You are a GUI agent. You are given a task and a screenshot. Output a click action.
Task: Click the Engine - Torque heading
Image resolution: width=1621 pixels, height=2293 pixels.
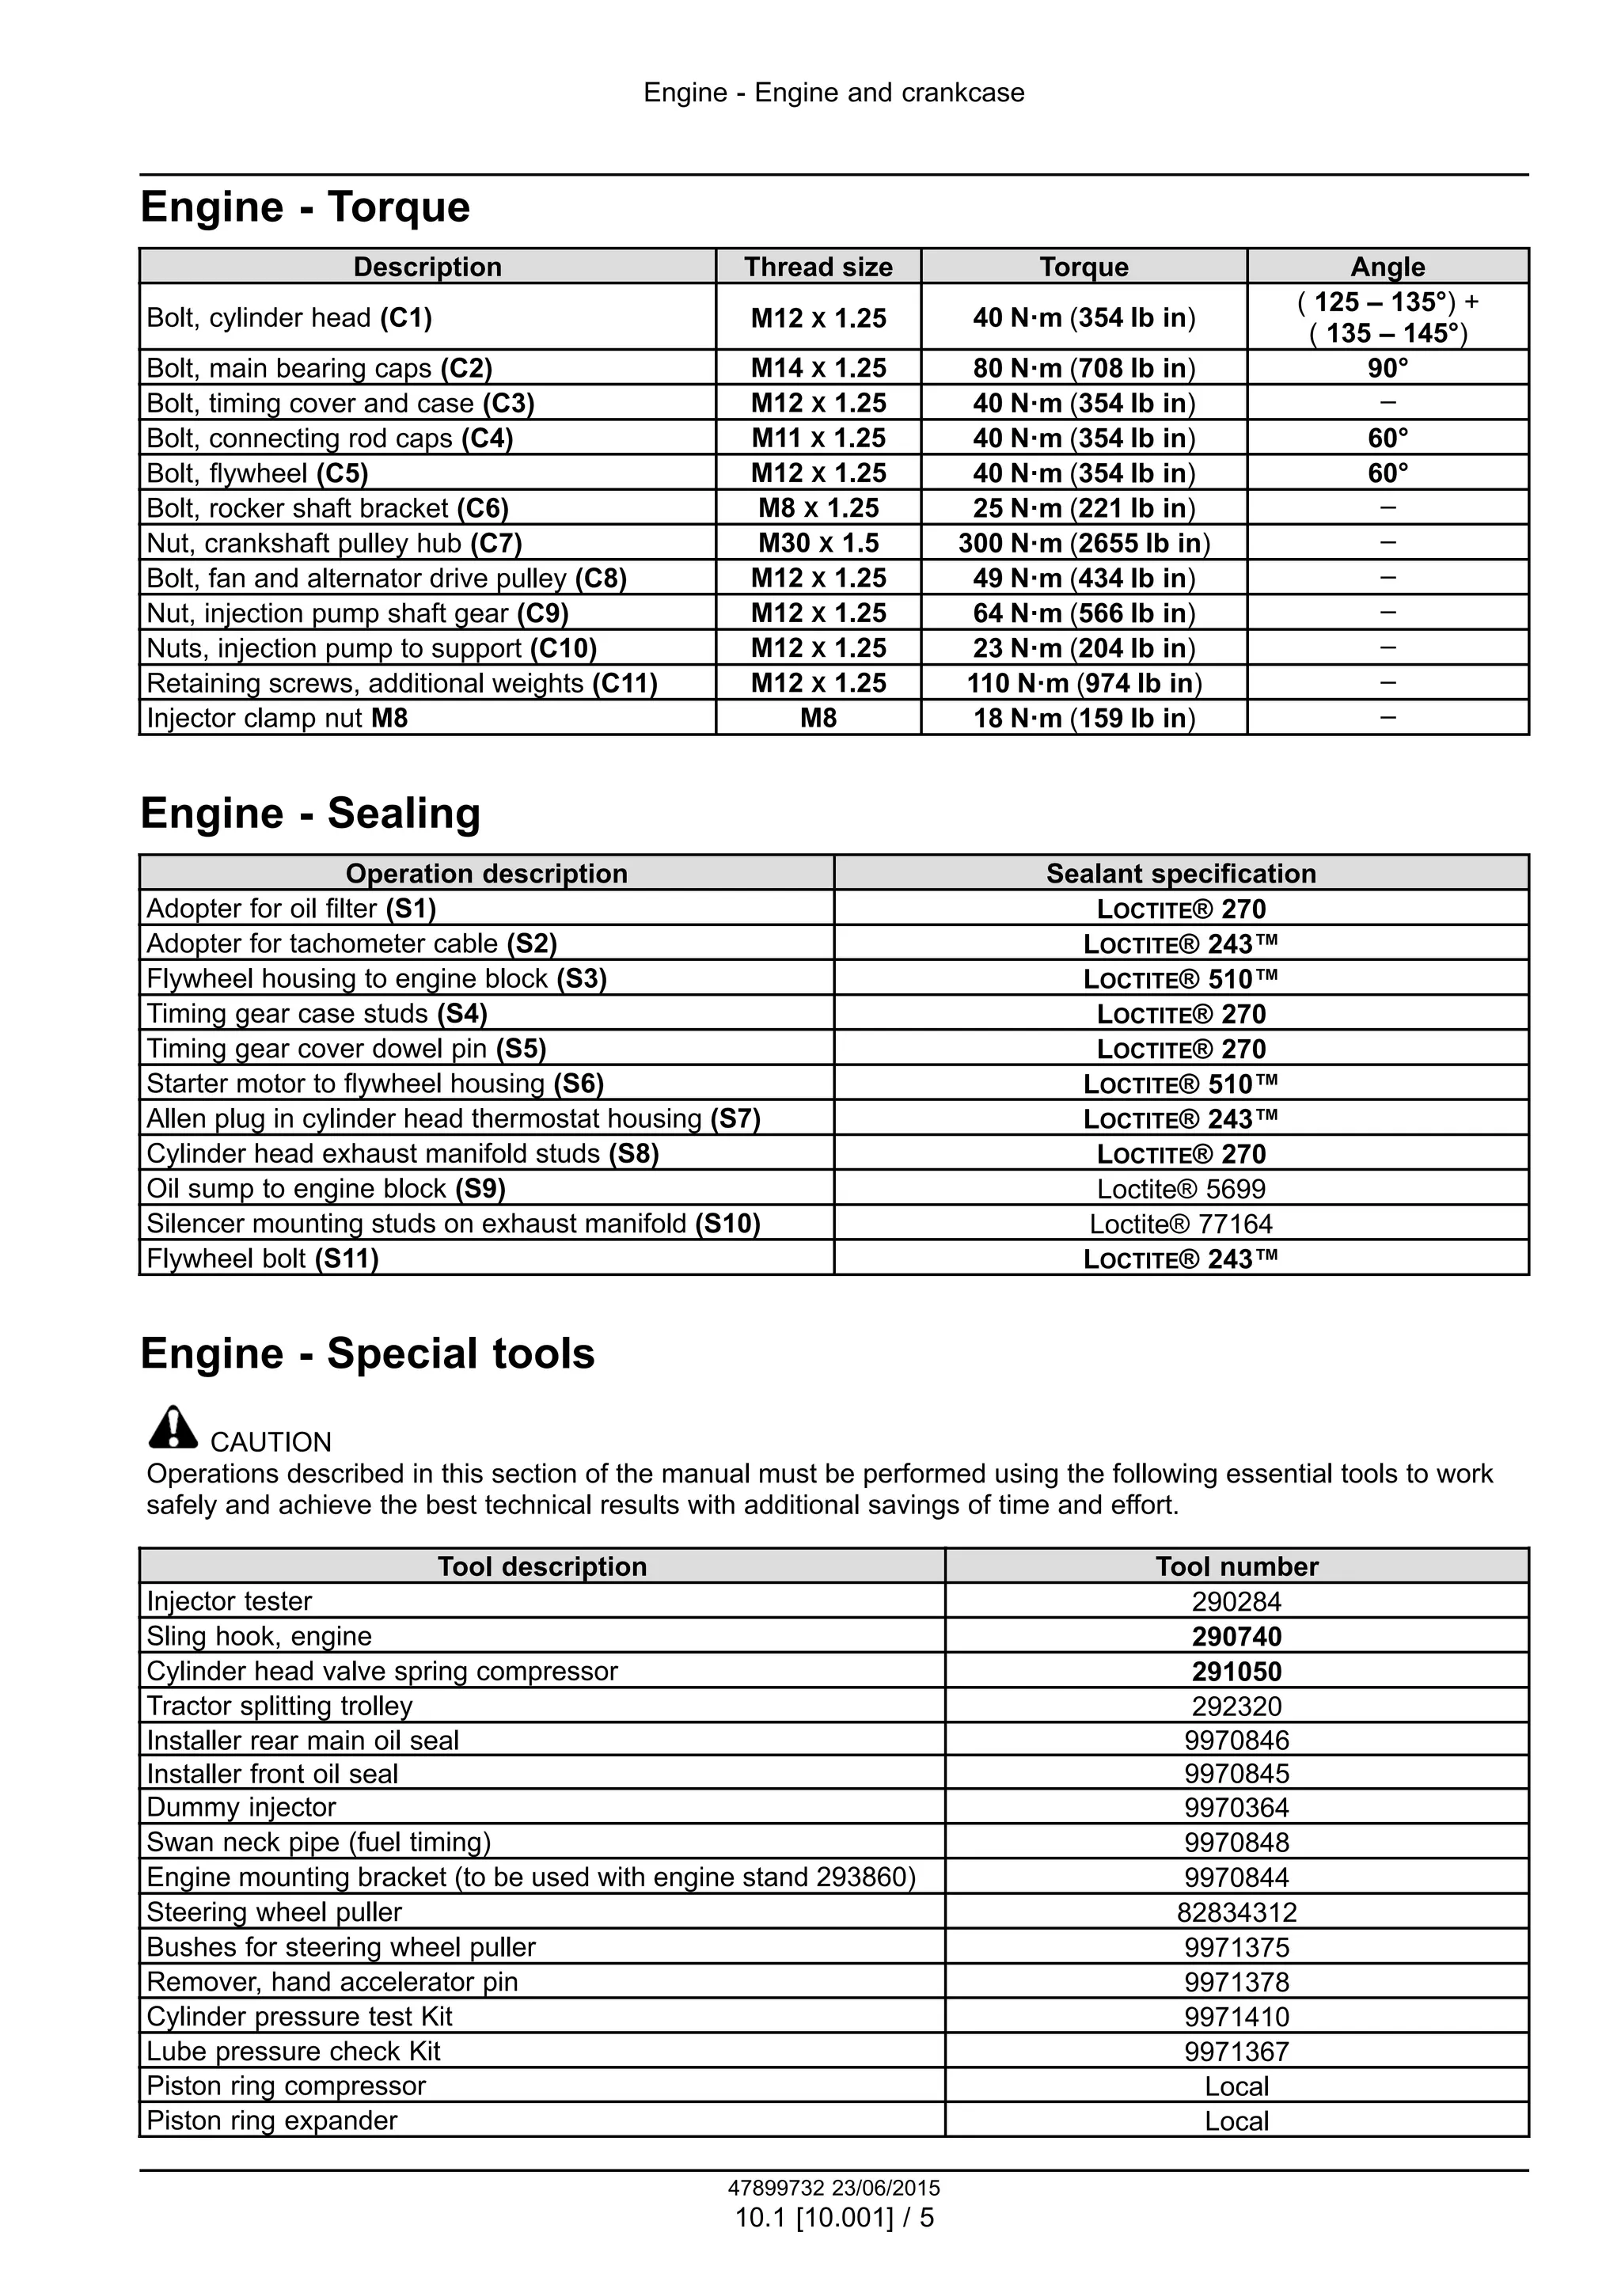[305, 207]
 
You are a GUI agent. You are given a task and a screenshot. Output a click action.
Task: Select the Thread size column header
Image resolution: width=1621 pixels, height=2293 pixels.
[818, 267]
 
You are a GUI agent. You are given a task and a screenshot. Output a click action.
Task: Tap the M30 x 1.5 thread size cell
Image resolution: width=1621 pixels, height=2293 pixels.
[818, 543]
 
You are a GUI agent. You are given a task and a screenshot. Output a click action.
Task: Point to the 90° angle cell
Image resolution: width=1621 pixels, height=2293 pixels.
[1388, 369]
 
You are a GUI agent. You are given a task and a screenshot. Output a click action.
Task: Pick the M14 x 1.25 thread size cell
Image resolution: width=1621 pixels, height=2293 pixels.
[818, 369]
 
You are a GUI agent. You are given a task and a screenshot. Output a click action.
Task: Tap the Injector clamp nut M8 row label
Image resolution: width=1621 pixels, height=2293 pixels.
[277, 718]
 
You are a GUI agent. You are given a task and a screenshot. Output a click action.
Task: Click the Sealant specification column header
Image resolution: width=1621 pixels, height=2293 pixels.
[1181, 874]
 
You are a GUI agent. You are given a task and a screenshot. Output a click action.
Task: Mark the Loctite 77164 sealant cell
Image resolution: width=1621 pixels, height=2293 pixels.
[1181, 1224]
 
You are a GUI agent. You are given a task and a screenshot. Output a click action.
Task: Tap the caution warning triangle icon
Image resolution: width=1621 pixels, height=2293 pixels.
[173, 1427]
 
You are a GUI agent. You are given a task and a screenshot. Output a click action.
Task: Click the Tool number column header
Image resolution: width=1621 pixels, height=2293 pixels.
[1236, 1566]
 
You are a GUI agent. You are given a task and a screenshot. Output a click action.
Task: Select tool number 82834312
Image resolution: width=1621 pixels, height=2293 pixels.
[1236, 1911]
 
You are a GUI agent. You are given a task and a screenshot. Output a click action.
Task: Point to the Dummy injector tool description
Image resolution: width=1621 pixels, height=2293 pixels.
[241, 1807]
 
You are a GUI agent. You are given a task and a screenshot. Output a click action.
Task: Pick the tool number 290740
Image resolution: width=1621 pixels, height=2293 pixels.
[1236, 1636]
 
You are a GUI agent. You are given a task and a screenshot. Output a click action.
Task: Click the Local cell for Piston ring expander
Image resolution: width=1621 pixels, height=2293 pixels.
[1236, 2120]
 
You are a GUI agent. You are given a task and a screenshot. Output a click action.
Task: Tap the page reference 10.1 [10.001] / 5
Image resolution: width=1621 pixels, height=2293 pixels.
[834, 2217]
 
